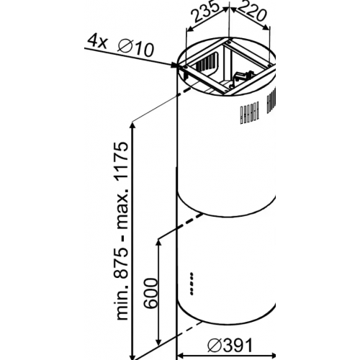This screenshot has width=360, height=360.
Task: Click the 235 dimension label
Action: coord(207,11)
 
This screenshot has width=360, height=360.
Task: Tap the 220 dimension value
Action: coord(252,12)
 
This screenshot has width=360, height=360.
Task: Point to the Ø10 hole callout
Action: coord(135,49)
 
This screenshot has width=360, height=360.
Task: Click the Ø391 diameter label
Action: coord(230,346)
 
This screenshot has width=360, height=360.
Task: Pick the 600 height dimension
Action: coord(150,293)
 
